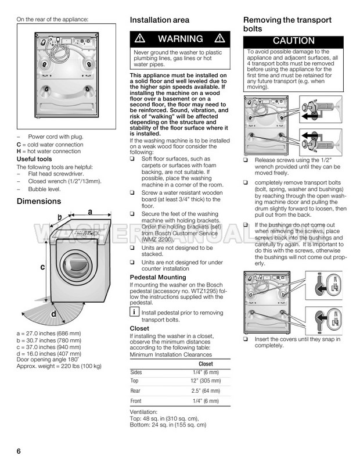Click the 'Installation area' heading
(x=159, y=20)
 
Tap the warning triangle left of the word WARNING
(x=140, y=39)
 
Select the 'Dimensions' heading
(x=38, y=201)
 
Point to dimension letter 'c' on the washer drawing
(x=42, y=267)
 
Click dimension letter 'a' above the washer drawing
(x=91, y=213)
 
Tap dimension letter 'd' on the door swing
(x=53, y=314)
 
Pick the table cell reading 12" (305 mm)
(x=206, y=381)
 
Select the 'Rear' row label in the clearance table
(x=136, y=391)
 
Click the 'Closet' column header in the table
(x=206, y=364)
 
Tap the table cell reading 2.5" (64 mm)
(x=206, y=391)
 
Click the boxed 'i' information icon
(x=134, y=313)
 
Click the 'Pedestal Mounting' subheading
(x=157, y=278)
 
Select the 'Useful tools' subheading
(x=34, y=159)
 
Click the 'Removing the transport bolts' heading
(x=287, y=24)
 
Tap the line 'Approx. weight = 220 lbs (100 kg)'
(x=59, y=366)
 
